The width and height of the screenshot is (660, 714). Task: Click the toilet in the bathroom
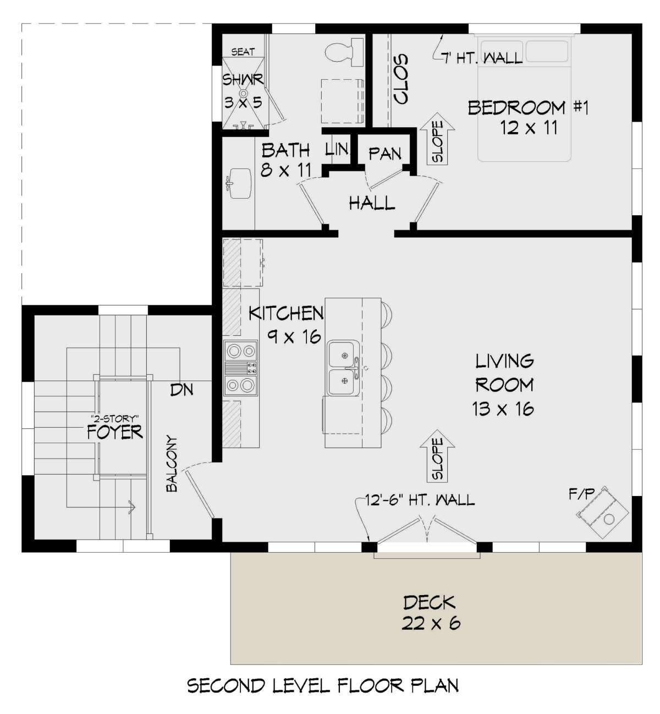[x=341, y=52]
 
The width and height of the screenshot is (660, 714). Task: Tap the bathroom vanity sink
[x=239, y=181]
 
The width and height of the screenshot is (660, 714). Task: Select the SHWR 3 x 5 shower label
[x=243, y=91]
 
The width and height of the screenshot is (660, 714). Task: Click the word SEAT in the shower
[x=243, y=52]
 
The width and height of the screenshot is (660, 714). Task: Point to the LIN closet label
[x=337, y=149]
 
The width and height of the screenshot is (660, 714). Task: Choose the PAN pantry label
[x=385, y=154]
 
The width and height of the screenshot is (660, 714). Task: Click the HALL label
[x=372, y=203]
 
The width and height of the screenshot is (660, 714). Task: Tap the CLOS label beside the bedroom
[x=401, y=79]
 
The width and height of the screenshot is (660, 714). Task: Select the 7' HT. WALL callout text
[x=482, y=57]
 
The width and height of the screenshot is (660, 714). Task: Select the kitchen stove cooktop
[x=241, y=368]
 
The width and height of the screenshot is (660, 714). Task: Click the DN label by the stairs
[x=182, y=390]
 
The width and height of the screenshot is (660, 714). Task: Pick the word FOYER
[x=114, y=432]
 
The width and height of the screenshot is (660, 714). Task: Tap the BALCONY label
[x=172, y=464]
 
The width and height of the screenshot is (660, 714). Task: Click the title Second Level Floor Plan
[x=323, y=685]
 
